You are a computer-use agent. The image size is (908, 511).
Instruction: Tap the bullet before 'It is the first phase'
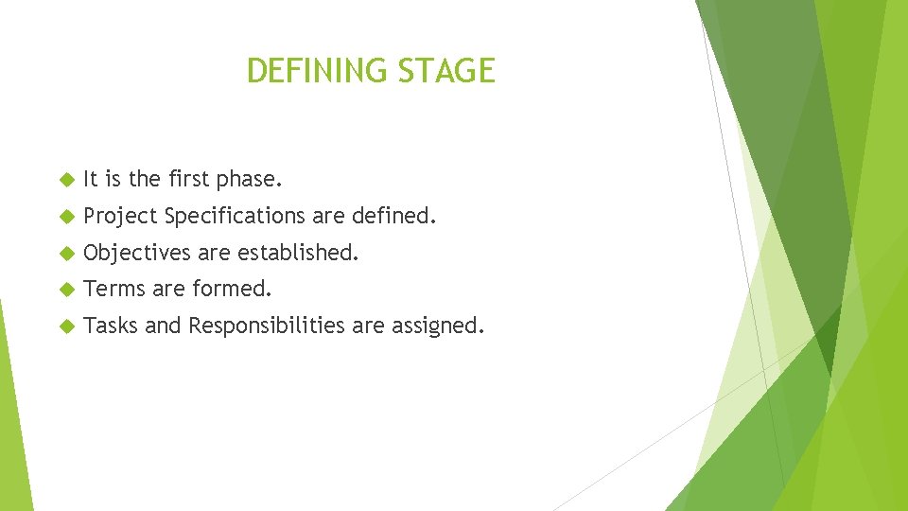(x=65, y=179)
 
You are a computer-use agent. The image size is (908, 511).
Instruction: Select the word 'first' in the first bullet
(x=188, y=179)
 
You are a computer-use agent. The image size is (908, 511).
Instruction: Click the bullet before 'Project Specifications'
(x=65, y=216)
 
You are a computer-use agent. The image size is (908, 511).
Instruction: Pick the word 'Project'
(x=120, y=217)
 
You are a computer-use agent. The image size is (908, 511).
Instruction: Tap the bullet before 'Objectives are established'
(x=65, y=253)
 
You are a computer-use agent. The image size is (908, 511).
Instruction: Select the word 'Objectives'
(x=137, y=254)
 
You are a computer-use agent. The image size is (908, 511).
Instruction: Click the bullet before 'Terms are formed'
(x=65, y=289)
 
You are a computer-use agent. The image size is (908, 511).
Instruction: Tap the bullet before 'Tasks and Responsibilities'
(x=65, y=326)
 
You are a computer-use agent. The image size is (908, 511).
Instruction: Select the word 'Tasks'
(x=111, y=326)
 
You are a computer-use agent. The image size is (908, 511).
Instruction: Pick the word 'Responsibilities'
(x=267, y=326)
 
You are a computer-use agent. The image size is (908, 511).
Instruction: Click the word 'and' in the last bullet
(x=163, y=326)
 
